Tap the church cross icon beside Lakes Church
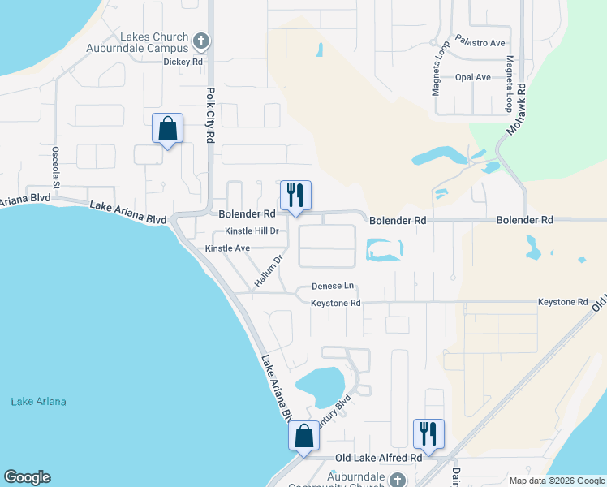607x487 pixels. [x=201, y=40]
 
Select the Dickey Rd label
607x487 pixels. [x=183, y=62]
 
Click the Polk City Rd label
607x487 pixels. [x=209, y=115]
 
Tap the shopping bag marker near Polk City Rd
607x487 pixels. [x=167, y=129]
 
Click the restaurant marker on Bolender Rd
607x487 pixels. [x=295, y=196]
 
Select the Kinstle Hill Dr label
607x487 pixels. [x=252, y=231]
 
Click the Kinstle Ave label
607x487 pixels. [x=227, y=248]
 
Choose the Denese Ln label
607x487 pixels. [x=334, y=287]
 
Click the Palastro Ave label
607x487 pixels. [x=480, y=40]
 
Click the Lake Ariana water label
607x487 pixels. [x=38, y=402]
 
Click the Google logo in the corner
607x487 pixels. [x=27, y=477]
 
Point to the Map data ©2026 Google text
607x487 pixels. [x=556, y=481]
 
